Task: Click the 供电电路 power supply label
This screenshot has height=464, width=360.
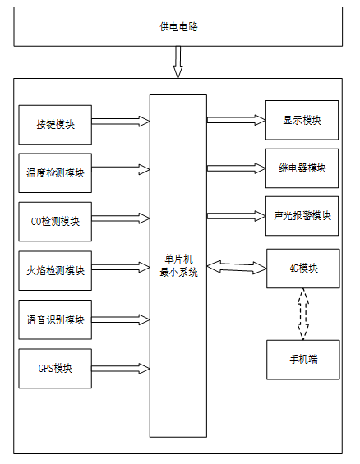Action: [x=179, y=27]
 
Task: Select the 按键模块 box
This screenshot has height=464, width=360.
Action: [x=55, y=125]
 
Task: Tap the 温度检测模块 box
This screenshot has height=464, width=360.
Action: [x=55, y=172]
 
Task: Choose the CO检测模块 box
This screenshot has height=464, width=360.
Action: [x=55, y=222]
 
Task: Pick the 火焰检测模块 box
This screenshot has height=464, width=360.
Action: [x=55, y=270]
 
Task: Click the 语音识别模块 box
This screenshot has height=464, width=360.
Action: [x=55, y=319]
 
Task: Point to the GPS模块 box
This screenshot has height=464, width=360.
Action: [x=55, y=369]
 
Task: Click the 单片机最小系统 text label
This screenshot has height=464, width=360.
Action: [x=178, y=266]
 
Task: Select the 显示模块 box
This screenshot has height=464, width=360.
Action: [x=302, y=120]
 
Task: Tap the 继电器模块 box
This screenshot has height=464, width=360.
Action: [x=302, y=168]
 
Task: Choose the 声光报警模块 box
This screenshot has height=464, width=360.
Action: [x=302, y=216]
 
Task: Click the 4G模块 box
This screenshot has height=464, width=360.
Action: [x=303, y=269]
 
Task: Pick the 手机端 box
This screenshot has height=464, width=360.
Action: [x=303, y=360]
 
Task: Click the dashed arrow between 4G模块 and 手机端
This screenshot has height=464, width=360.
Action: [x=303, y=314]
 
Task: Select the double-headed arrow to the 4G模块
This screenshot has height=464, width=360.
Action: [x=237, y=267]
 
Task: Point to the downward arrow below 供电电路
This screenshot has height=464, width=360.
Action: [x=178, y=62]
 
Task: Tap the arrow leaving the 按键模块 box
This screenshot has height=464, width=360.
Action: [x=121, y=122]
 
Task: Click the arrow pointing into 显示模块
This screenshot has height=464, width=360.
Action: [x=236, y=120]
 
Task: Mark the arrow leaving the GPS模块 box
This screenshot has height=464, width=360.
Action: [x=121, y=369]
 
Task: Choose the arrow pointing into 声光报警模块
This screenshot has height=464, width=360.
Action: [x=236, y=216]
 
